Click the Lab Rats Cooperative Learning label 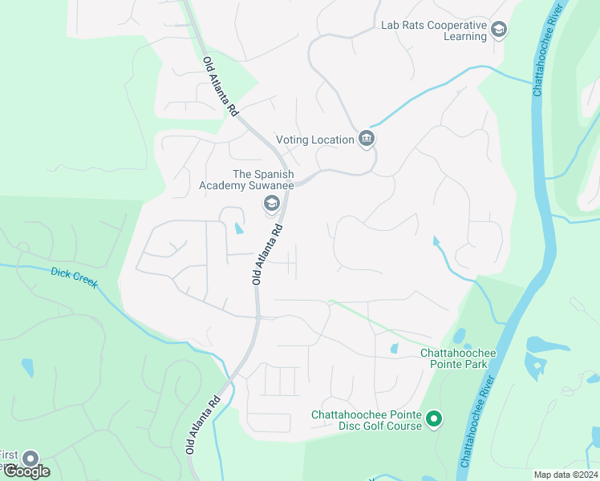coord(433,30)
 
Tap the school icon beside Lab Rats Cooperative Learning coord(499,30)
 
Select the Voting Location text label coord(314,139)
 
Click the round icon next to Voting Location coord(367,139)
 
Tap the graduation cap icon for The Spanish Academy coord(271,203)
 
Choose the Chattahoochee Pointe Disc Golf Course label coord(367,420)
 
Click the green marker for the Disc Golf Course coord(434,418)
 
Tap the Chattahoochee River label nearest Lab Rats coord(549,49)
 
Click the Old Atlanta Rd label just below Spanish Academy coord(268,254)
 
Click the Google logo coord(26,471)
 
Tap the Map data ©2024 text coord(565,475)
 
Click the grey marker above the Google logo coord(30,458)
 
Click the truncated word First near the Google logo coord(9,455)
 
